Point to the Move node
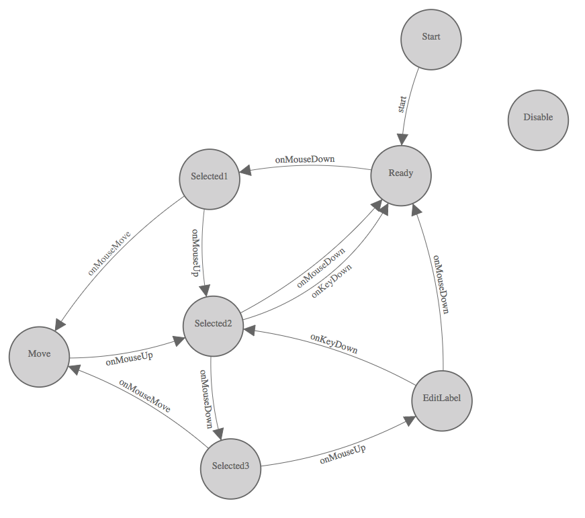tap(39, 356)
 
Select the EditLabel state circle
tap(441, 401)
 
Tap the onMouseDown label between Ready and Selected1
tap(304, 160)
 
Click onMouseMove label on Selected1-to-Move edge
tap(109, 253)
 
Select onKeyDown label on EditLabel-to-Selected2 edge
tap(334, 343)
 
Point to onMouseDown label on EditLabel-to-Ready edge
tap(440, 284)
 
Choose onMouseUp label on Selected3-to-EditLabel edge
tap(343, 454)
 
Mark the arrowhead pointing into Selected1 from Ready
tap(245, 172)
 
